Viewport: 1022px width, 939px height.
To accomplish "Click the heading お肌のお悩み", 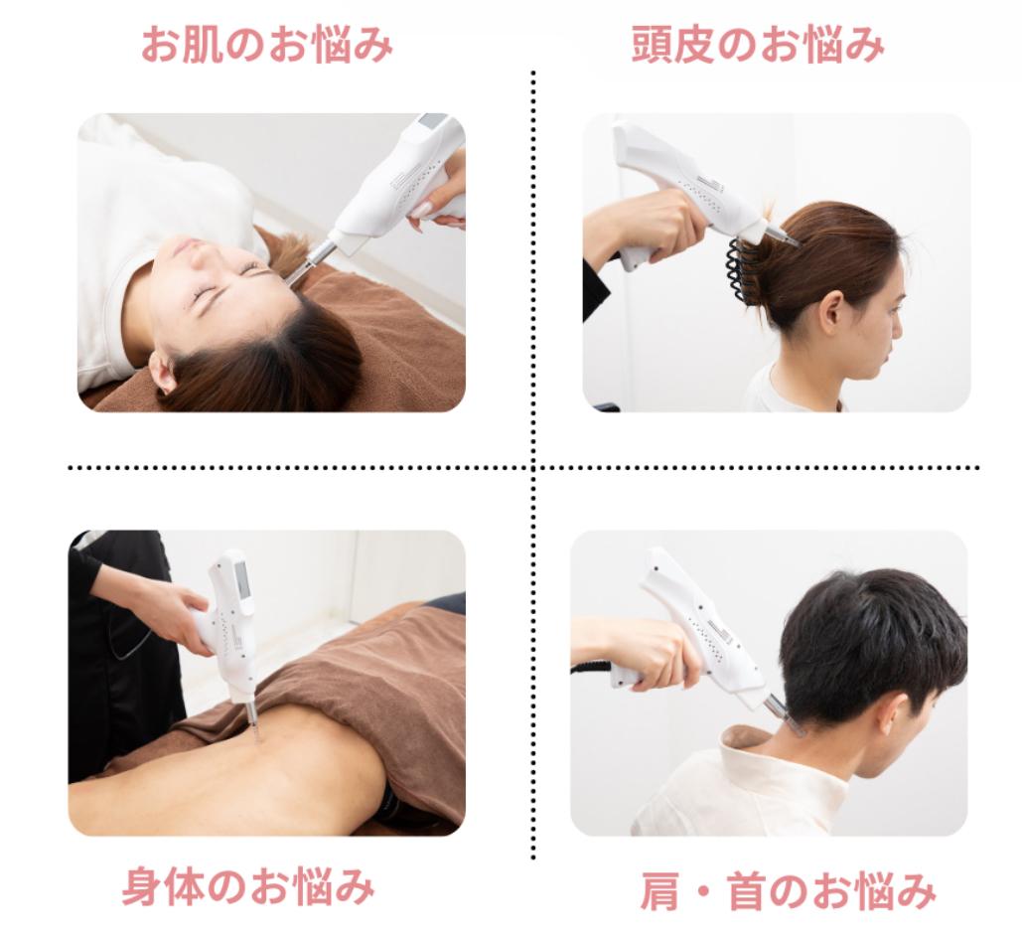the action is pos(267,44).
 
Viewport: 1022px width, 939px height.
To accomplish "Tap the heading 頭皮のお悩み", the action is pos(758,44).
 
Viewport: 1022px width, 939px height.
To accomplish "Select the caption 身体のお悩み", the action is pos(249,886).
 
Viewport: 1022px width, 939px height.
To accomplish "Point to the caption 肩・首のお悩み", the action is pos(788,891).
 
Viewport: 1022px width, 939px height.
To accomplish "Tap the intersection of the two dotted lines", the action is pos(533,468).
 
